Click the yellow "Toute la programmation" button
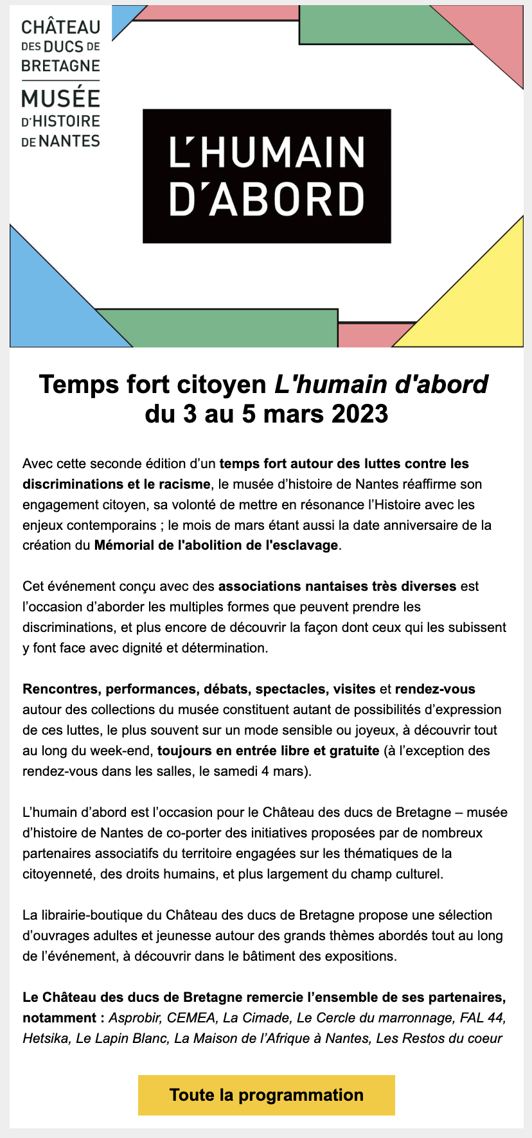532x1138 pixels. (x=266, y=1095)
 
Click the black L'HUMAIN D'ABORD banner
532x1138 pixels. (x=267, y=176)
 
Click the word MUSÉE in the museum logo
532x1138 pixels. (x=60, y=99)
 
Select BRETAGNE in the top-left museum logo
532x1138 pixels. (x=60, y=66)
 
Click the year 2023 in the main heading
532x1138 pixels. (x=360, y=414)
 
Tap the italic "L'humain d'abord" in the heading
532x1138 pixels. (x=381, y=384)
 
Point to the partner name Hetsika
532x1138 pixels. (x=46, y=1038)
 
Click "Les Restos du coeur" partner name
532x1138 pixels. (x=439, y=1038)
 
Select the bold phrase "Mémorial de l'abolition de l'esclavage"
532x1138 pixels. (x=216, y=545)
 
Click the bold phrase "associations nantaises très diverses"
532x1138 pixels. (x=337, y=586)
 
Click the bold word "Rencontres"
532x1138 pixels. (x=60, y=689)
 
